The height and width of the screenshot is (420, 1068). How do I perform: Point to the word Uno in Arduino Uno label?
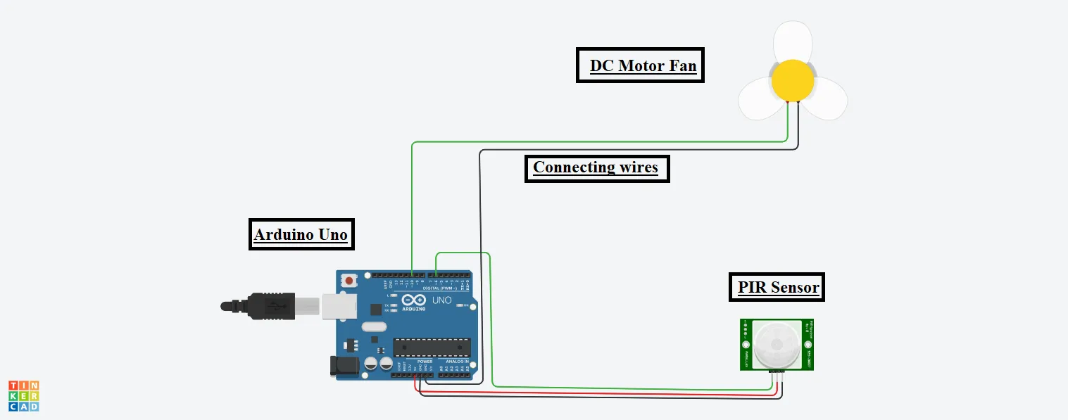tap(333, 234)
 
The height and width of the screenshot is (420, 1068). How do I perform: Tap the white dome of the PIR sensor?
tap(777, 345)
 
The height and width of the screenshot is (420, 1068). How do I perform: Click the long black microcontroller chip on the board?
tap(432, 347)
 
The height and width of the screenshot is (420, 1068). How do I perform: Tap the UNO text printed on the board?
tap(441, 300)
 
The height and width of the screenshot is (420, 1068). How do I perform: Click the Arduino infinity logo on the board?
tap(413, 300)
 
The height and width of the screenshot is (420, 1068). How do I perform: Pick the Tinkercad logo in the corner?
tap(23, 396)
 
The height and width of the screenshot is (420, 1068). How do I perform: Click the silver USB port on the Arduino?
tap(339, 306)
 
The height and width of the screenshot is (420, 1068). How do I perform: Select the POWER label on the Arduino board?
tap(425, 362)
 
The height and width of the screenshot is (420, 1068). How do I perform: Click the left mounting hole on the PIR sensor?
tap(745, 345)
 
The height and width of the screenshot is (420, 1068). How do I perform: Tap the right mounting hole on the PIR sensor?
tap(808, 345)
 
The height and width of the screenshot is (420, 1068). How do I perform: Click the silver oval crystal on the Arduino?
tap(375, 327)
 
